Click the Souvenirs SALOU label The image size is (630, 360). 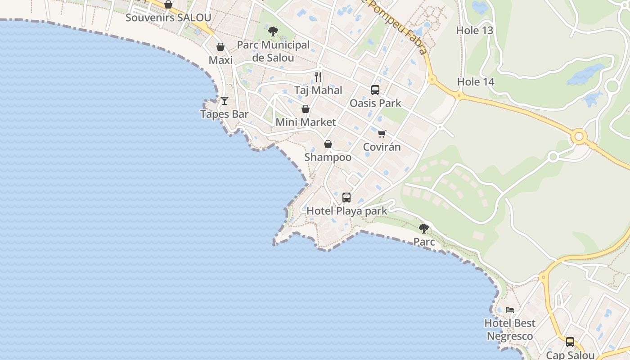click(168, 18)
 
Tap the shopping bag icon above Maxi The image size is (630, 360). click(220, 47)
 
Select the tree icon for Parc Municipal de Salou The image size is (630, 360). click(273, 31)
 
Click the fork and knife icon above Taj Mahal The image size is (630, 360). click(318, 76)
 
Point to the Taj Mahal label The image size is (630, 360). click(318, 90)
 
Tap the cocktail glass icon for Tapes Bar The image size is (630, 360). click(224, 100)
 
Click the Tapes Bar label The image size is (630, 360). click(224, 114)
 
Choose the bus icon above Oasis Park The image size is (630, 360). click(375, 90)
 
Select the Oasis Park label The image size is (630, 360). click(375, 103)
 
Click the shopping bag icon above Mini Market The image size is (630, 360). click(306, 109)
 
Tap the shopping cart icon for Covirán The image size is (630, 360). click(382, 134)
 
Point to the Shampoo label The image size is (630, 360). click(328, 157)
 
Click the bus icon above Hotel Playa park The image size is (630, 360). click(346, 197)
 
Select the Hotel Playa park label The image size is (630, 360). click(346, 211)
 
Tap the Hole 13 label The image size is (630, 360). click(475, 31)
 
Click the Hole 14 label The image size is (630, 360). click(476, 82)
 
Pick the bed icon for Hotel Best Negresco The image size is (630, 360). click(510, 310)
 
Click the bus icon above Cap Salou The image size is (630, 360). click(570, 342)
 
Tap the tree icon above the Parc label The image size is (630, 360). click(424, 228)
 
